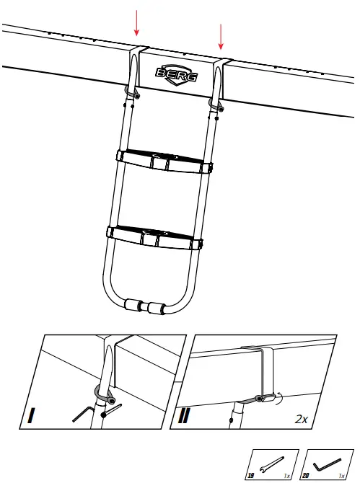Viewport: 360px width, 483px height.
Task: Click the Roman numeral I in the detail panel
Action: [x=31, y=416]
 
